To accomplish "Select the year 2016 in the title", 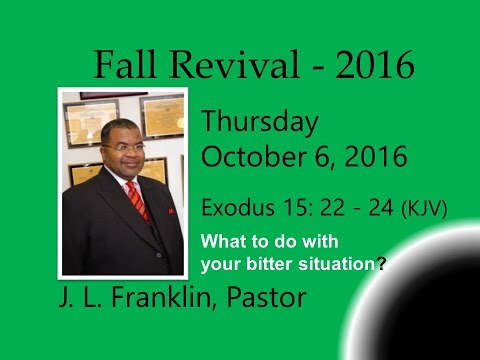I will pos(371,65).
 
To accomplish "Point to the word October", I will pos(249,157).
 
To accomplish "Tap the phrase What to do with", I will pos(255,241).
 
